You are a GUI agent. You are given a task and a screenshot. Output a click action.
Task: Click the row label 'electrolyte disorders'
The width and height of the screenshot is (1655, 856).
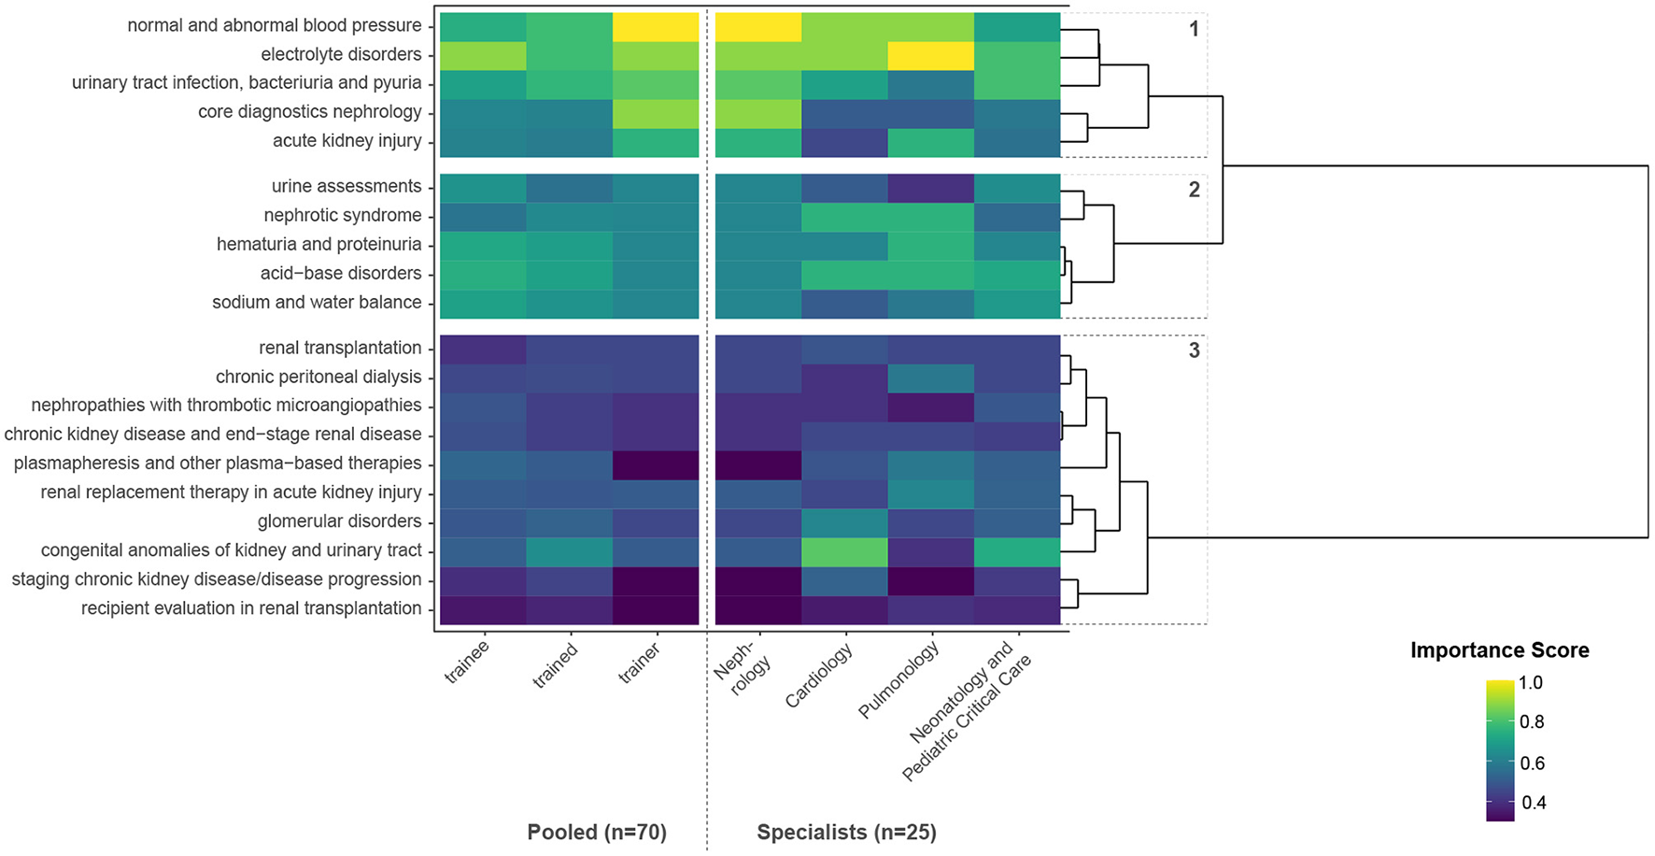click(341, 54)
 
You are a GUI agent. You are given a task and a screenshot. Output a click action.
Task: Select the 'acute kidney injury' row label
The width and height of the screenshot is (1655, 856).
click(347, 141)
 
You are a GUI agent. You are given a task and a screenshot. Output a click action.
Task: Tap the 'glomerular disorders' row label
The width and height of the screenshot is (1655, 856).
click(339, 521)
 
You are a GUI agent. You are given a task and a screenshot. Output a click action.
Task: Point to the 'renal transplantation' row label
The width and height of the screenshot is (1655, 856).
click(340, 348)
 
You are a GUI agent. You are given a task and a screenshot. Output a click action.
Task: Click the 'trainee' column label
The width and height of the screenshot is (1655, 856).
click(467, 663)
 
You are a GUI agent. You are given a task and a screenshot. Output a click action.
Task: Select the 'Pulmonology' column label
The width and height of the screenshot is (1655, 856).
click(898, 680)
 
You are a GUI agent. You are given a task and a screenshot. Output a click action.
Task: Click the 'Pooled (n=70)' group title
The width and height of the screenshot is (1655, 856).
click(597, 832)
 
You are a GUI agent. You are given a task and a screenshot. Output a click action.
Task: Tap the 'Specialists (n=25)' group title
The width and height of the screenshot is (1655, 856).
click(846, 832)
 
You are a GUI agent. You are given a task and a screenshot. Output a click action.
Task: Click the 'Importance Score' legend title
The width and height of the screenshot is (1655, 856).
click(1499, 650)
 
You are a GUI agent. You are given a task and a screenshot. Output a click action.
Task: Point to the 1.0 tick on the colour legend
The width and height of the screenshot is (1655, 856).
click(1531, 683)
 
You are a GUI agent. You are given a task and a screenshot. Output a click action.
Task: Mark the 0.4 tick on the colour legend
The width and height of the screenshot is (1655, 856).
click(1533, 803)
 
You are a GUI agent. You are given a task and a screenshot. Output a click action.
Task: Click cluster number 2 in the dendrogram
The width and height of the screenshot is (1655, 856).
click(1194, 190)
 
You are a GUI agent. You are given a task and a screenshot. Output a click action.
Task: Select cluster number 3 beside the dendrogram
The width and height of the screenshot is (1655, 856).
click(1194, 350)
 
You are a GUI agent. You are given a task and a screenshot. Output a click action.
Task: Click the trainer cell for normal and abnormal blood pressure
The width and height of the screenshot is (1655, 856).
click(656, 26)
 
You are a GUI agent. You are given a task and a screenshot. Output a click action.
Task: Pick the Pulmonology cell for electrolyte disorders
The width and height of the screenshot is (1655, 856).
click(930, 55)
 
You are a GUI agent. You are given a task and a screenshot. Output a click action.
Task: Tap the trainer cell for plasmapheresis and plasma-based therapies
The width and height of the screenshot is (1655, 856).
click(656, 464)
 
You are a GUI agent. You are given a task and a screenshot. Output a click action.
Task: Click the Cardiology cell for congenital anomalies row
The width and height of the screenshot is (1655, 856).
click(844, 550)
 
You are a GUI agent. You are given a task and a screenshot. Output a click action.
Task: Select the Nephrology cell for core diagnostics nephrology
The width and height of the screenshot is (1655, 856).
click(757, 112)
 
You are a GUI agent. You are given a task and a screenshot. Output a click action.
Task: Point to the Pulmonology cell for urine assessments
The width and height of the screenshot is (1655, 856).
click(930, 187)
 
